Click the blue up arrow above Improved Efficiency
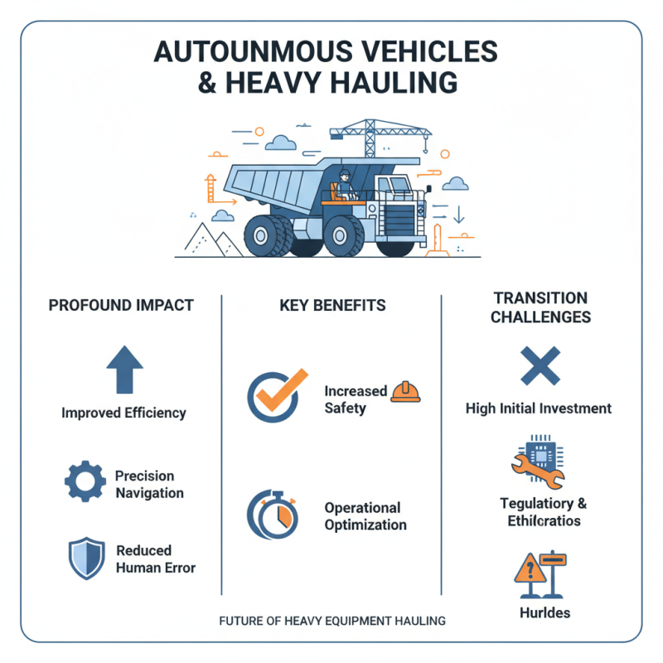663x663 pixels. pos(124,370)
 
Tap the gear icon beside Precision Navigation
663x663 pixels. pos(85,484)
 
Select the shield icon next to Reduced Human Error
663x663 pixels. pos(85,558)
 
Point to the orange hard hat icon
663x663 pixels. pos(405,391)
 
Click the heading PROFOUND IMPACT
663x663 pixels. pos(121,305)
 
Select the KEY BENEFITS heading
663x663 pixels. pos(331,305)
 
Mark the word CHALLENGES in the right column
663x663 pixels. pos(540,317)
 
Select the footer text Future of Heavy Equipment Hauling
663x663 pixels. pos(332,620)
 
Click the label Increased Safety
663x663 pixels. pos(356,399)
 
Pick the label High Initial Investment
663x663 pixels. pos(539,409)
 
